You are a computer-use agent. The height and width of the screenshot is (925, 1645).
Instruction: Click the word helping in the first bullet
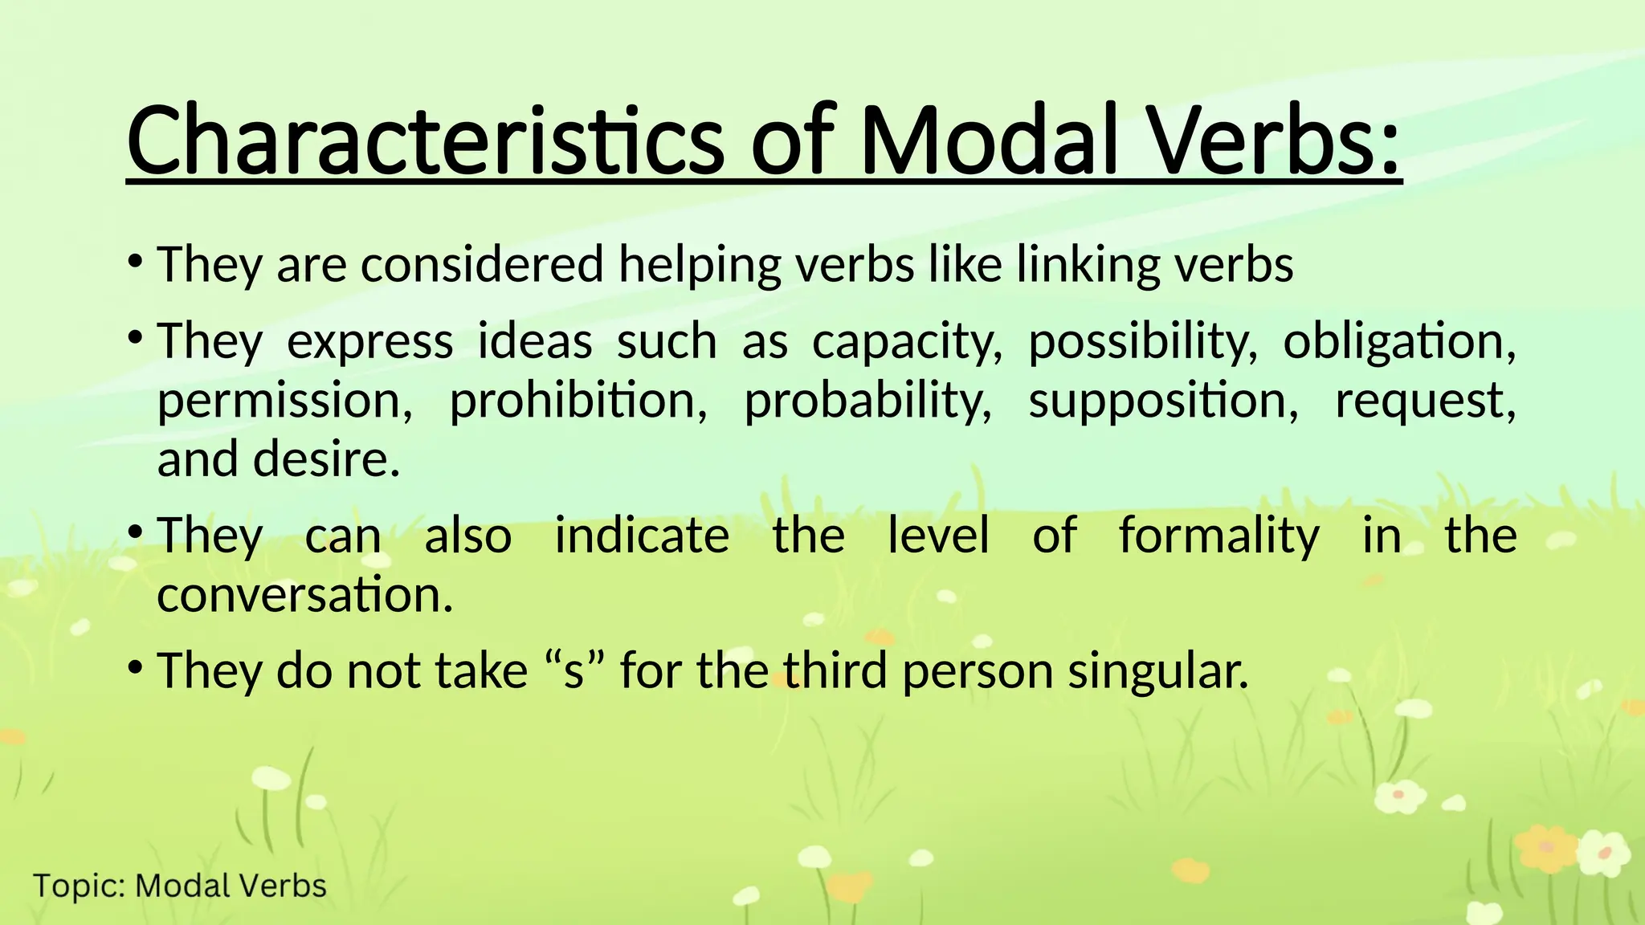coord(700,265)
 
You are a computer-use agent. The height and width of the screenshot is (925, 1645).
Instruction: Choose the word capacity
coord(907,341)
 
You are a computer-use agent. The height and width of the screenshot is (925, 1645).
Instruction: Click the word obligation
coord(1398,341)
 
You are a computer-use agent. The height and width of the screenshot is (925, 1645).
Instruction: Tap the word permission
coord(284,401)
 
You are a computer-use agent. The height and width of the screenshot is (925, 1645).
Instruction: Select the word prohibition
coord(578,400)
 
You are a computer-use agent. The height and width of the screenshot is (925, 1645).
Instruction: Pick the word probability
coord(868,401)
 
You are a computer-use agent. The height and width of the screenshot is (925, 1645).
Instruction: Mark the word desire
coord(326,459)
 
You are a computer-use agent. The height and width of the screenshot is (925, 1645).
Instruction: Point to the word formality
coord(1218,536)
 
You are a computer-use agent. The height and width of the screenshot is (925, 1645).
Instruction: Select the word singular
coord(1157,671)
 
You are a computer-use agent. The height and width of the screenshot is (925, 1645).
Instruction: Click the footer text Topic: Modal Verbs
coord(180,886)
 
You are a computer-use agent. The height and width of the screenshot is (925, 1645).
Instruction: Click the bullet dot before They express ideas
coord(136,336)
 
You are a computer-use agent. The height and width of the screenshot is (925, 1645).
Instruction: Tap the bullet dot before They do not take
coord(136,666)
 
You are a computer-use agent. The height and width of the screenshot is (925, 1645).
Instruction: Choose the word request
coord(1425,401)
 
